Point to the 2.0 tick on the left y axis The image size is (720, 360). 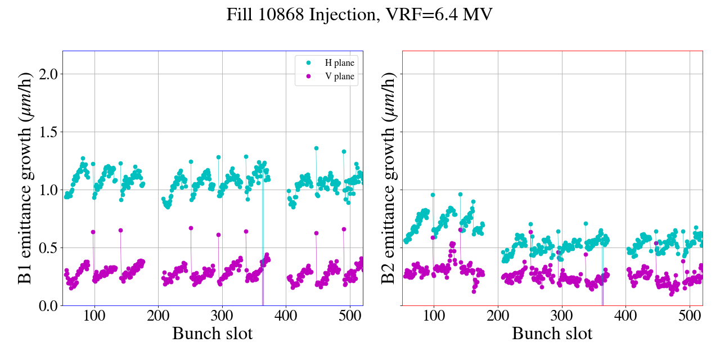point(47,74)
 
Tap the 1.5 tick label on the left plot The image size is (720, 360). point(47,132)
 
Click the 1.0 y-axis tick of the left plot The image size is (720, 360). point(47,190)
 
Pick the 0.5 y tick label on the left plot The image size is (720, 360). point(47,248)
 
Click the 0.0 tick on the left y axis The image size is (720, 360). point(47,306)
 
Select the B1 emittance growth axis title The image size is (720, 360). point(26,178)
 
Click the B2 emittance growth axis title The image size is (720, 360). point(388,178)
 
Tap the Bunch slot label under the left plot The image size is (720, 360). point(212,334)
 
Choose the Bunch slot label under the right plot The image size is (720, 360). point(552,334)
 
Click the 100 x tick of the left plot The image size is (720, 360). point(94,315)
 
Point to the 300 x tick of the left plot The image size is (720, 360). point(222,315)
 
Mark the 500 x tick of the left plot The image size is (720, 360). point(350,315)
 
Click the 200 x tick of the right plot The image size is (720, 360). point(498,315)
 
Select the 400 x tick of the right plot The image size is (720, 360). point(625,315)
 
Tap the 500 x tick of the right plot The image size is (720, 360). point(690,315)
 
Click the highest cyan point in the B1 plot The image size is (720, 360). point(316,148)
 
